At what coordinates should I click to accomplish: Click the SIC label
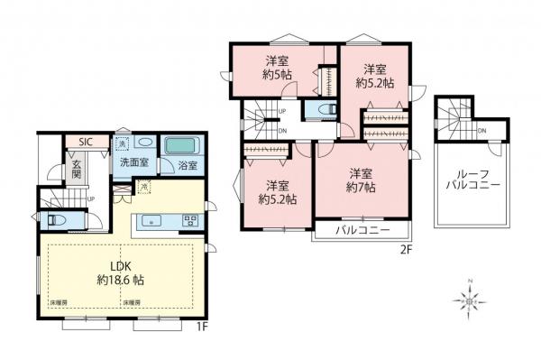86,142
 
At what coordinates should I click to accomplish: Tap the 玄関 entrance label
77,170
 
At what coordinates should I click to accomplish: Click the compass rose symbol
469,297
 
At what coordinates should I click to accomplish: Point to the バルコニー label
363,231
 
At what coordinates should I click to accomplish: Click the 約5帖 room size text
278,76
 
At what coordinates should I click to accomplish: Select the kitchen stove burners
190,219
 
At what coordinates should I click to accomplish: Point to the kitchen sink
150,219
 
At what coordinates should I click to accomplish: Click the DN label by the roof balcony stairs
482,133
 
